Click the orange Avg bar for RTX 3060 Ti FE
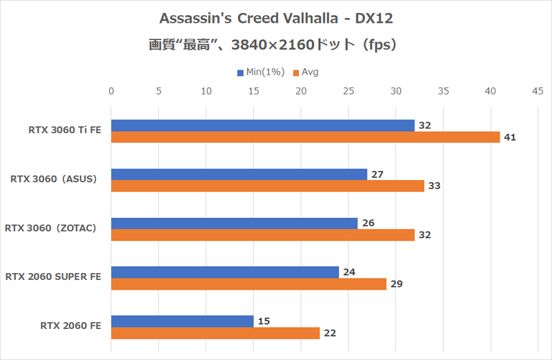click(305, 137)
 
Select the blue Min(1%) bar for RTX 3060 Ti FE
click(262, 125)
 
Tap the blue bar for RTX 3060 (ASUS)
click(239, 174)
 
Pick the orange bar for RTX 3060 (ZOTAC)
click(262, 235)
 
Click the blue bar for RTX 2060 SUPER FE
click(224, 272)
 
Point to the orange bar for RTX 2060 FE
click(215, 333)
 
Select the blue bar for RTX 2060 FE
click(181, 321)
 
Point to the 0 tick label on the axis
click(111, 90)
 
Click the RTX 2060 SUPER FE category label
click(53, 277)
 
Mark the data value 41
click(510, 137)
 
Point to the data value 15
click(264, 321)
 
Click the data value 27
click(377, 174)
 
